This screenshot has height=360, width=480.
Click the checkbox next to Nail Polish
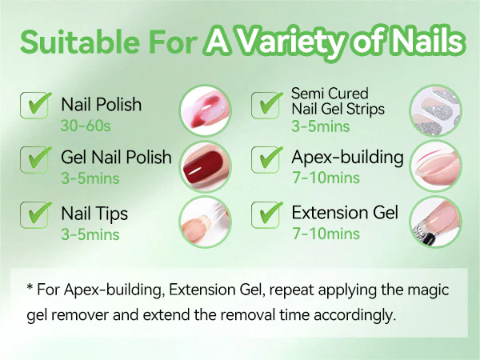[x=34, y=106]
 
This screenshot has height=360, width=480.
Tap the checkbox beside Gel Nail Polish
[x=34, y=160]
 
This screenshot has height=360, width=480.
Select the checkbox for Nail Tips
[x=34, y=215]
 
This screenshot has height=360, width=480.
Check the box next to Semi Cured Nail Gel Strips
[x=265, y=106]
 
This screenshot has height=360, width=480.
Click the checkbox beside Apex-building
[x=265, y=160]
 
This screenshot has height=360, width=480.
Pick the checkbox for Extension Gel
[x=265, y=215]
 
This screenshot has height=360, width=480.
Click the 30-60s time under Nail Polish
[x=86, y=126]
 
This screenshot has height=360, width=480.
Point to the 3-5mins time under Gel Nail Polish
[x=90, y=178]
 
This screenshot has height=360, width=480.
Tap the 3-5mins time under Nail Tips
[x=90, y=234]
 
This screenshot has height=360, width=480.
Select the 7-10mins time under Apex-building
[x=326, y=178]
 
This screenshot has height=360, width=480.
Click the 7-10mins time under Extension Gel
[x=326, y=234]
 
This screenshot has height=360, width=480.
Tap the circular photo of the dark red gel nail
[x=205, y=166]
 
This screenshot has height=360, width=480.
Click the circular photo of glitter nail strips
[x=436, y=110]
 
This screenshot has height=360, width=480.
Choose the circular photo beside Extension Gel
[x=436, y=222]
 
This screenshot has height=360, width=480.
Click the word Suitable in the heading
[x=79, y=42]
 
